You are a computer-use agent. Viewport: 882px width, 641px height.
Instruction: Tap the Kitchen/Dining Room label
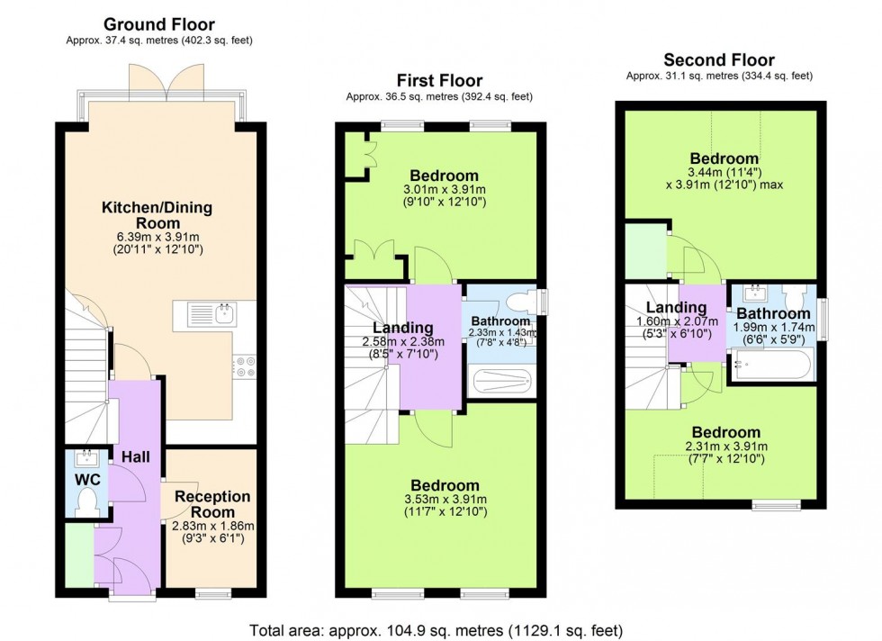coord(157,215)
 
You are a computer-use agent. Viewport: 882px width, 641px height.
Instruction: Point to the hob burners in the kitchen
coord(245,366)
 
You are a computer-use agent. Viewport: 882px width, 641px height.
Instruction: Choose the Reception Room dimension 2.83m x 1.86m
coord(212,527)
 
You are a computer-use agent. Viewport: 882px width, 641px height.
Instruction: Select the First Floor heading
coord(439,81)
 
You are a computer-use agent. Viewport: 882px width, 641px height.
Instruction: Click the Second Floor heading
coord(718,60)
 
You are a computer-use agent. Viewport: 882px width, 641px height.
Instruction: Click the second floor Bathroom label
coord(774,313)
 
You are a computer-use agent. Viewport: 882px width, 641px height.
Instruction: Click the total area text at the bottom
coord(436,630)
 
